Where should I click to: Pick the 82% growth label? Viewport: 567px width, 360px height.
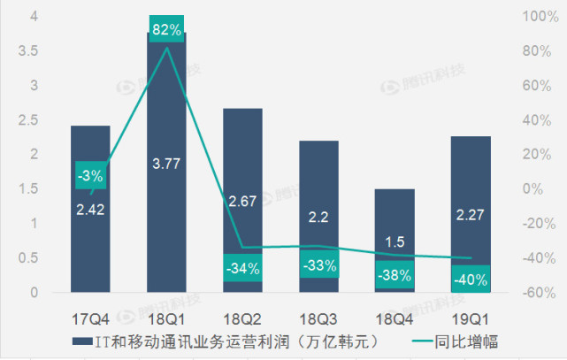point(166,30)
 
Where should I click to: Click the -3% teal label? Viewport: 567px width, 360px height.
point(90,176)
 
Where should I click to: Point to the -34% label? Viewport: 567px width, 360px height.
point(242,268)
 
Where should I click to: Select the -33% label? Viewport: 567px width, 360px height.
point(318,264)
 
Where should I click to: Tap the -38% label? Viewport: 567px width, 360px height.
point(395,275)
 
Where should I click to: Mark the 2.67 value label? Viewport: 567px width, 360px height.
point(242,201)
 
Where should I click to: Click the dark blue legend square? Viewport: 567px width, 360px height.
point(79,341)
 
